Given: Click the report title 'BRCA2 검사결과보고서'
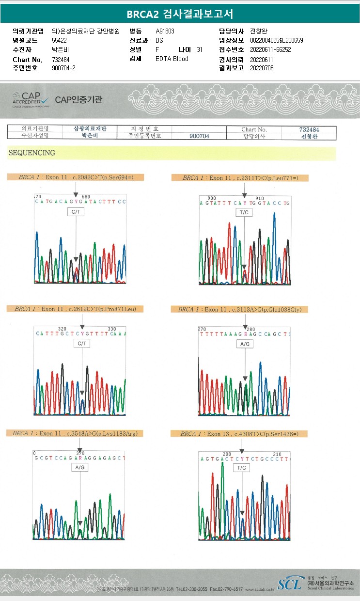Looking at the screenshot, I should coord(180,15).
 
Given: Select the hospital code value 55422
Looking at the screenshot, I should coord(59,40).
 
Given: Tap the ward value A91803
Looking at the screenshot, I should coord(165,31).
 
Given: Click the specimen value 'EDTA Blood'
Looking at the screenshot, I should coord(172,59).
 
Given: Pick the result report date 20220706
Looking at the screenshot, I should coord(262,68).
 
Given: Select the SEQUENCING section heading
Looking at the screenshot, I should coord(31,153).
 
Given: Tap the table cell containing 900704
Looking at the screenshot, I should coord(199,136).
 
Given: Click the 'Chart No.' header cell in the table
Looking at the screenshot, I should coord(254,129).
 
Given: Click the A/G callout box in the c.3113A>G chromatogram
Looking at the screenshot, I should coord(244,344).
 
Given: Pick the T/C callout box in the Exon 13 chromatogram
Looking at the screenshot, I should coord(241,468).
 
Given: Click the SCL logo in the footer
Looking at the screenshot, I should coord(290,584).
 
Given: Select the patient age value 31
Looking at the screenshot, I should coord(200,49).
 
